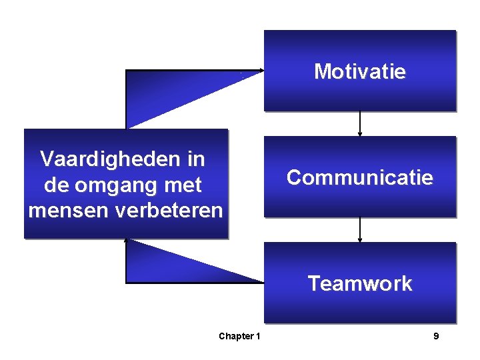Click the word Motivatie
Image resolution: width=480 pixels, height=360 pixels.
[x=360, y=71]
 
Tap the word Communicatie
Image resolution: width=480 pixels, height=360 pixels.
[x=360, y=177]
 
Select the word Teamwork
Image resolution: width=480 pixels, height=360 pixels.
[x=360, y=283]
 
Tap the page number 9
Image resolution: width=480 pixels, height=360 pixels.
[x=436, y=336]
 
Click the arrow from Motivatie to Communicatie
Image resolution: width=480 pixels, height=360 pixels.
[x=360, y=123]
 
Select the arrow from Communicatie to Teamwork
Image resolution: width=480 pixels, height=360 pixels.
[x=360, y=229]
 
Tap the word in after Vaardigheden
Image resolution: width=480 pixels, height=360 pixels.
[x=197, y=159]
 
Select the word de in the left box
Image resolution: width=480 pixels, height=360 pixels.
[x=53, y=184]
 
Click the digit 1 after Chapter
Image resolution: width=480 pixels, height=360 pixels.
[x=258, y=336]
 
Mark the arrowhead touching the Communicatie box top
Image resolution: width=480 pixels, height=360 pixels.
[x=360, y=133]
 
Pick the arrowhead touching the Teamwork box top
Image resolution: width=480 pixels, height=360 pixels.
[x=360, y=239]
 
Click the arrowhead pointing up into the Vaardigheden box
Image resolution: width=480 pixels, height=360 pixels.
[x=126, y=242]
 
